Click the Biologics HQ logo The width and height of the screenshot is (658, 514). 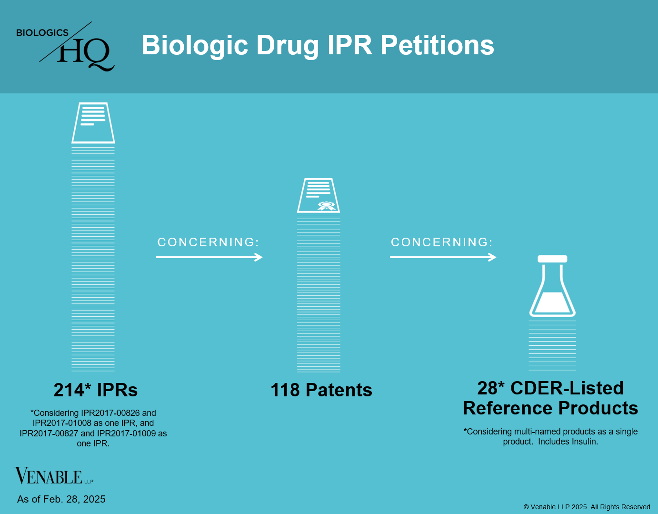click(66, 47)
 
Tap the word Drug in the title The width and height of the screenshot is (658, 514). click(287, 45)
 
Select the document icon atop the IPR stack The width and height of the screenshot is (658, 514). click(93, 123)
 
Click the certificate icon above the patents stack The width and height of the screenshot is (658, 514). click(319, 196)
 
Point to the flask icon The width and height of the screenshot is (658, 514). click(552, 287)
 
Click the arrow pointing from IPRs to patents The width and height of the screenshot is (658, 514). click(209, 257)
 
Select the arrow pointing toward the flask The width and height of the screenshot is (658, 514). click(443, 257)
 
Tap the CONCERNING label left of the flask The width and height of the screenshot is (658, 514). click(441, 242)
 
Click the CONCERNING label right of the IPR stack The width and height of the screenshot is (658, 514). click(208, 242)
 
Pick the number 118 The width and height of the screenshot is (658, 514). click(286, 390)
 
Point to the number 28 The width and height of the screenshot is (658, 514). click(488, 388)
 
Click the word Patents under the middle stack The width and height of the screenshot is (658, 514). click(339, 390)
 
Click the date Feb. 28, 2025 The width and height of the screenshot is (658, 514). click(74, 499)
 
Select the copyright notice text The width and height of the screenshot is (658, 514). click(588, 507)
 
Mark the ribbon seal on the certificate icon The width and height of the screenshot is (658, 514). click(327, 206)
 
